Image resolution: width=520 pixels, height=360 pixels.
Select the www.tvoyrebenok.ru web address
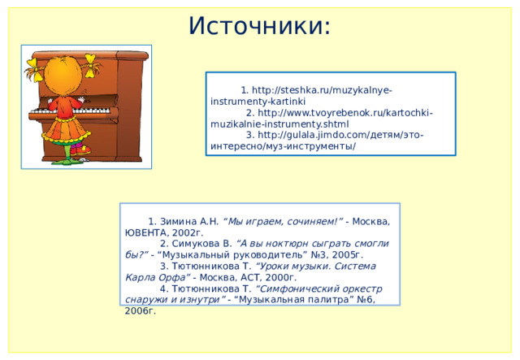pos(340,114)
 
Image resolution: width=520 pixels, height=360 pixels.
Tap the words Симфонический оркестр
pos(320,288)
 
